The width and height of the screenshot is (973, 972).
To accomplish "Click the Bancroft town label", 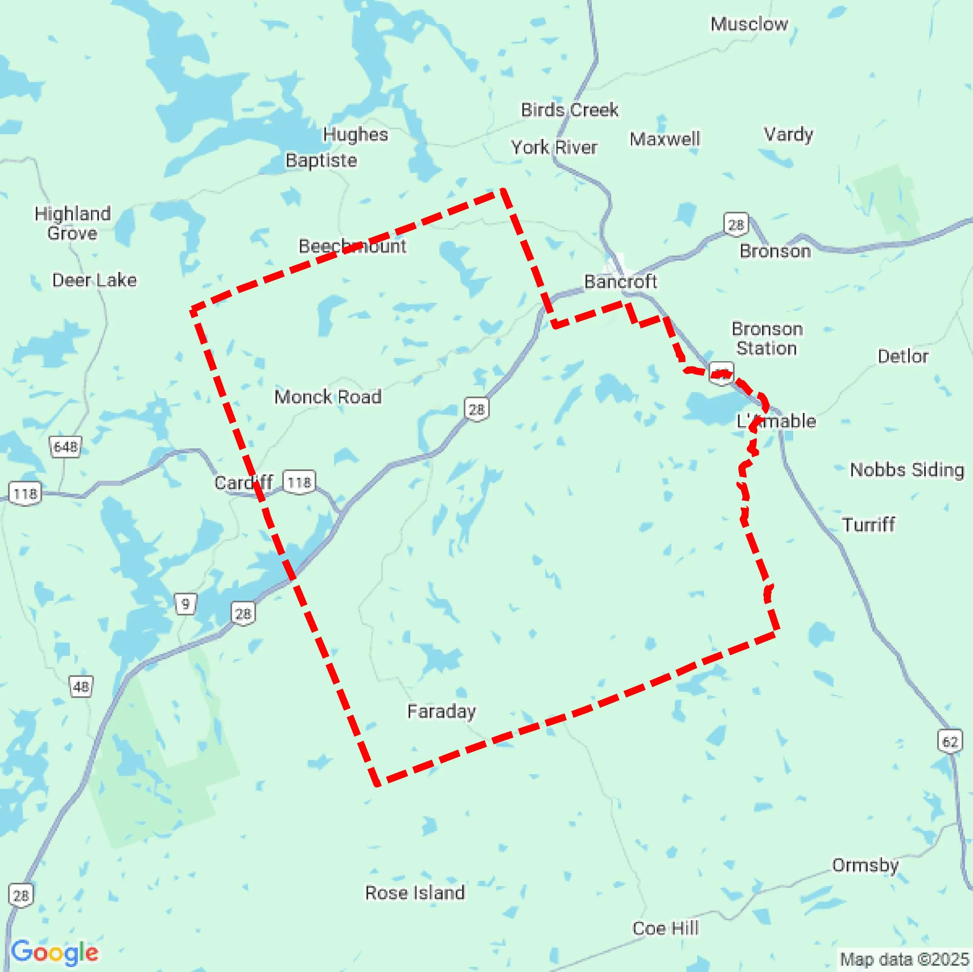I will pos(620,281).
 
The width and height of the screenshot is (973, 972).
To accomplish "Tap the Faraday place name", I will pos(441,711).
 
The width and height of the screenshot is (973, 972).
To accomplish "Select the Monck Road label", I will pos(328,397).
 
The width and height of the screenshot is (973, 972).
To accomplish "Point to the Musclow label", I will pos(749,24).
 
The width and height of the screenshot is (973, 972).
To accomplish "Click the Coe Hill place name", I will pos(665,928).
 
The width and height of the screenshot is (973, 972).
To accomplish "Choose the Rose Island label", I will pos(415,892).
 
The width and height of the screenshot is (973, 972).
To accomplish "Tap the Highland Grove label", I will pos(72,223).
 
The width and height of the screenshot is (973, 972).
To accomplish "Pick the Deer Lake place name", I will pos(94,280).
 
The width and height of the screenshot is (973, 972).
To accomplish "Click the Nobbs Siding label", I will pos(906,470).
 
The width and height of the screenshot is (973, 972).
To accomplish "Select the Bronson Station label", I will pos(767,338).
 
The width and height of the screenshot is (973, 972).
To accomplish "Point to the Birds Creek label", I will pos(569,109).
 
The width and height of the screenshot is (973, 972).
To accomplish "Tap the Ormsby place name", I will pos(865,865).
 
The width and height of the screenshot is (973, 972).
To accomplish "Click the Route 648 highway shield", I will pos(65,447).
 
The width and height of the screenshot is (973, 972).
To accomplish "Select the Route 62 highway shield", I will pos(950,741).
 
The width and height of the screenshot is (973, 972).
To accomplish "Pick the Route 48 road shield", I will pos(81,687).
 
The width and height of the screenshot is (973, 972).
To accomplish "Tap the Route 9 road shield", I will pos(185,604).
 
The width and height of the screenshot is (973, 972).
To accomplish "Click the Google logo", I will pos(54,952).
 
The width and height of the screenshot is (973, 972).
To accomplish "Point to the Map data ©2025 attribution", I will pos(904,959).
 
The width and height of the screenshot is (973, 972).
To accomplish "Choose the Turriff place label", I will pos(869,525).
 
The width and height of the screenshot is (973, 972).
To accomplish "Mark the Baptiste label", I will pos(321,160).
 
